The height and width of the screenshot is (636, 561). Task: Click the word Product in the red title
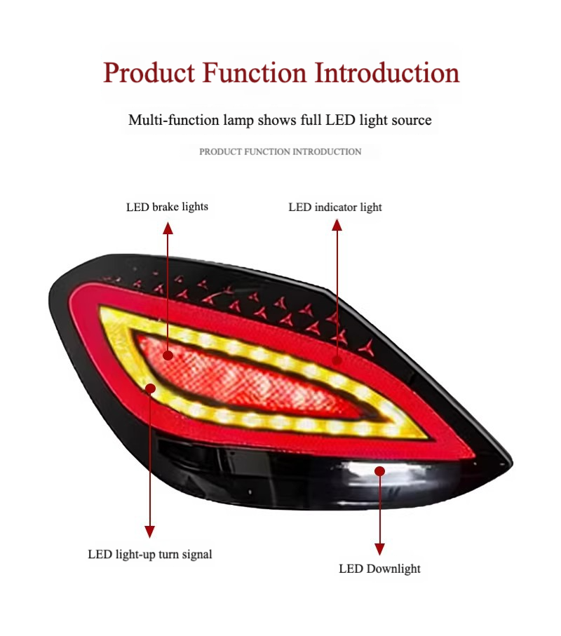pos(149,73)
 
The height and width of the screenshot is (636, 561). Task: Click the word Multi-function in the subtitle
pos(174,120)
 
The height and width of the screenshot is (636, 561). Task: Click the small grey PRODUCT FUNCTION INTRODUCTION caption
pos(280,151)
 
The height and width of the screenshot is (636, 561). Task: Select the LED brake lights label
pos(167,207)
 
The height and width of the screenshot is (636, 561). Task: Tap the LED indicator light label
pos(335,208)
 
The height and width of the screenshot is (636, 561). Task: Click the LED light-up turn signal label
pos(150,554)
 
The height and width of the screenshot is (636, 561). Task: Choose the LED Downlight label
pos(379,569)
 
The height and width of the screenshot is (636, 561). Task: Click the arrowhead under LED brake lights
pos(168,228)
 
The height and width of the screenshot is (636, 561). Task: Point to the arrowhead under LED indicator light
pos(337,225)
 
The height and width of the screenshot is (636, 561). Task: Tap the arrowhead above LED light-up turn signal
pos(149,532)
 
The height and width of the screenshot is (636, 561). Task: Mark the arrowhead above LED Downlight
pos(379,549)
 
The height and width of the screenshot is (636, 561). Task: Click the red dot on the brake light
pos(168,356)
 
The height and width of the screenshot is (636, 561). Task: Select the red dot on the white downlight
pos(379,471)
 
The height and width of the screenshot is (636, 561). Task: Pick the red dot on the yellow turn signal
pos(150,388)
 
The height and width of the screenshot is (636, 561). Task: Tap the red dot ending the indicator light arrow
pos(337,360)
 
